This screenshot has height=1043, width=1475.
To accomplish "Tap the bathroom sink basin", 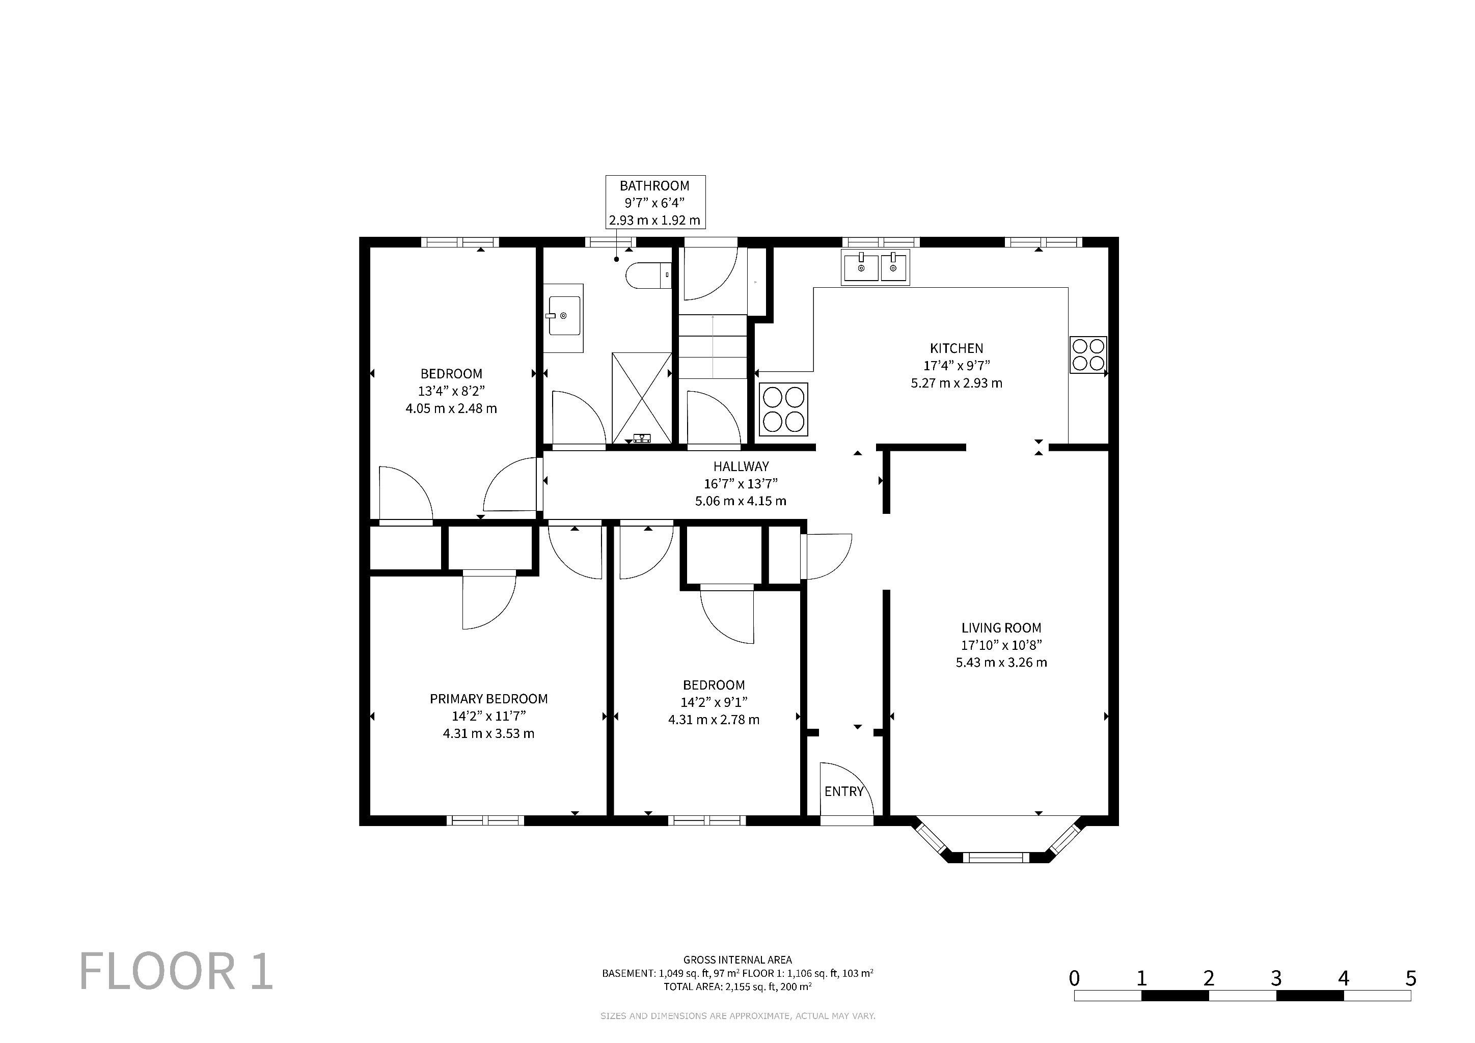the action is (x=565, y=315).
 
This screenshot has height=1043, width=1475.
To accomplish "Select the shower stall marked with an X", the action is (x=642, y=398).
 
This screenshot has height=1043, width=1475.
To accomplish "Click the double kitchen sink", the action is (x=875, y=267).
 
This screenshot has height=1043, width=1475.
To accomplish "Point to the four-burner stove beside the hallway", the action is (x=784, y=409).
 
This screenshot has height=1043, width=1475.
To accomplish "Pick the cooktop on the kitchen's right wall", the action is (x=1088, y=354).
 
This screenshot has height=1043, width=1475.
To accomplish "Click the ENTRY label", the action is (x=843, y=791).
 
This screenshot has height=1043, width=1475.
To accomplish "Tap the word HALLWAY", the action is (x=741, y=466).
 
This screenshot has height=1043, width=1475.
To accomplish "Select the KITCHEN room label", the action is (x=956, y=348).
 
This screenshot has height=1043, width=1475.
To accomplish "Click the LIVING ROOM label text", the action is (x=1001, y=627).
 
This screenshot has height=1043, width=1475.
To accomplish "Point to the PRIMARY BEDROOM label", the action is (x=488, y=699).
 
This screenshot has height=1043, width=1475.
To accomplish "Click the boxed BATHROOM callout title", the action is (x=654, y=185).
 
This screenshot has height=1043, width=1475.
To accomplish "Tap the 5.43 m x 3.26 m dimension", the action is (x=1001, y=662).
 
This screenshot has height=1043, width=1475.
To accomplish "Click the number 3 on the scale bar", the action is (x=1276, y=978).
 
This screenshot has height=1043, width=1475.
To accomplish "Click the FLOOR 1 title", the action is (x=177, y=972).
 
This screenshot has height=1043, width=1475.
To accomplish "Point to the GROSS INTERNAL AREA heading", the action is (x=737, y=959).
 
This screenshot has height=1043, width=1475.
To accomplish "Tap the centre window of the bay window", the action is (x=995, y=857).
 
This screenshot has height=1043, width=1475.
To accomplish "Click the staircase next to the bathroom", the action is (x=713, y=347).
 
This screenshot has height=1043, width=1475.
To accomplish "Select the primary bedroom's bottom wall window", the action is (x=486, y=820).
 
